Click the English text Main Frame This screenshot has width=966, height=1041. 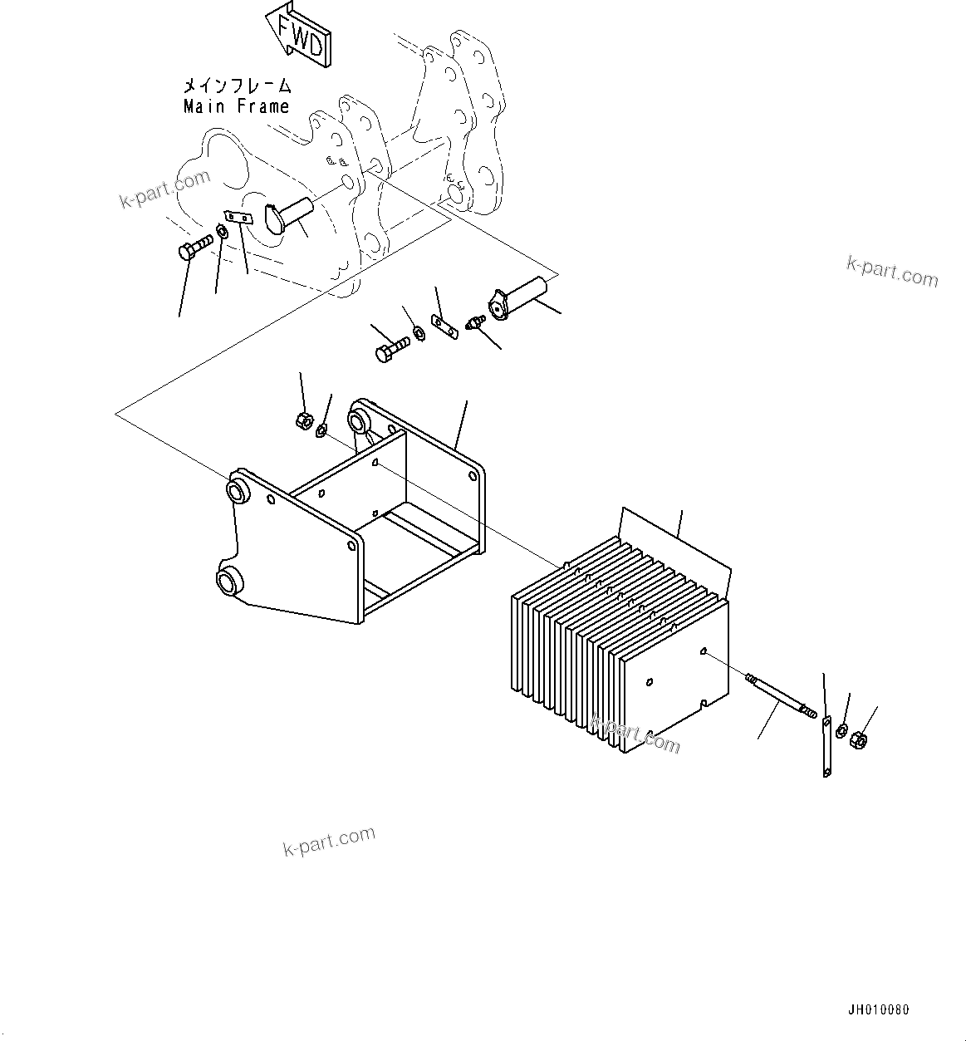(236, 106)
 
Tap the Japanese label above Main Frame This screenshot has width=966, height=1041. (237, 85)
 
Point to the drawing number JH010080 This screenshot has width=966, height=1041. (878, 1010)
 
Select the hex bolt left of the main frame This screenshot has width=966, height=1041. (194, 247)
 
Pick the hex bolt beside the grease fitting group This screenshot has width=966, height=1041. (391, 347)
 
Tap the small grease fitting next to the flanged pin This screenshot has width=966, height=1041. (476, 322)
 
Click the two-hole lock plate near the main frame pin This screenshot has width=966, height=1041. (239, 218)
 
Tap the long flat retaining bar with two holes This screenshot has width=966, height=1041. (826, 746)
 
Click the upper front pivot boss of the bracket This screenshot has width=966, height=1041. (239, 489)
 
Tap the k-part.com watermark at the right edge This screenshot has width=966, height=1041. (892, 271)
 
